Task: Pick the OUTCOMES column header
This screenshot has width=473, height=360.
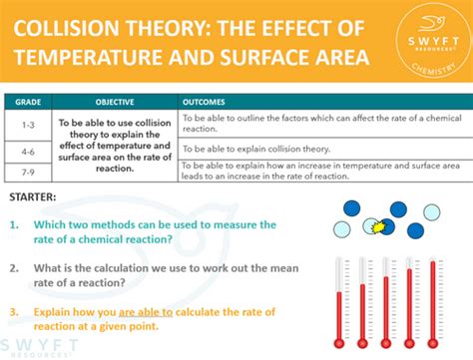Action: (x=207, y=102)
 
